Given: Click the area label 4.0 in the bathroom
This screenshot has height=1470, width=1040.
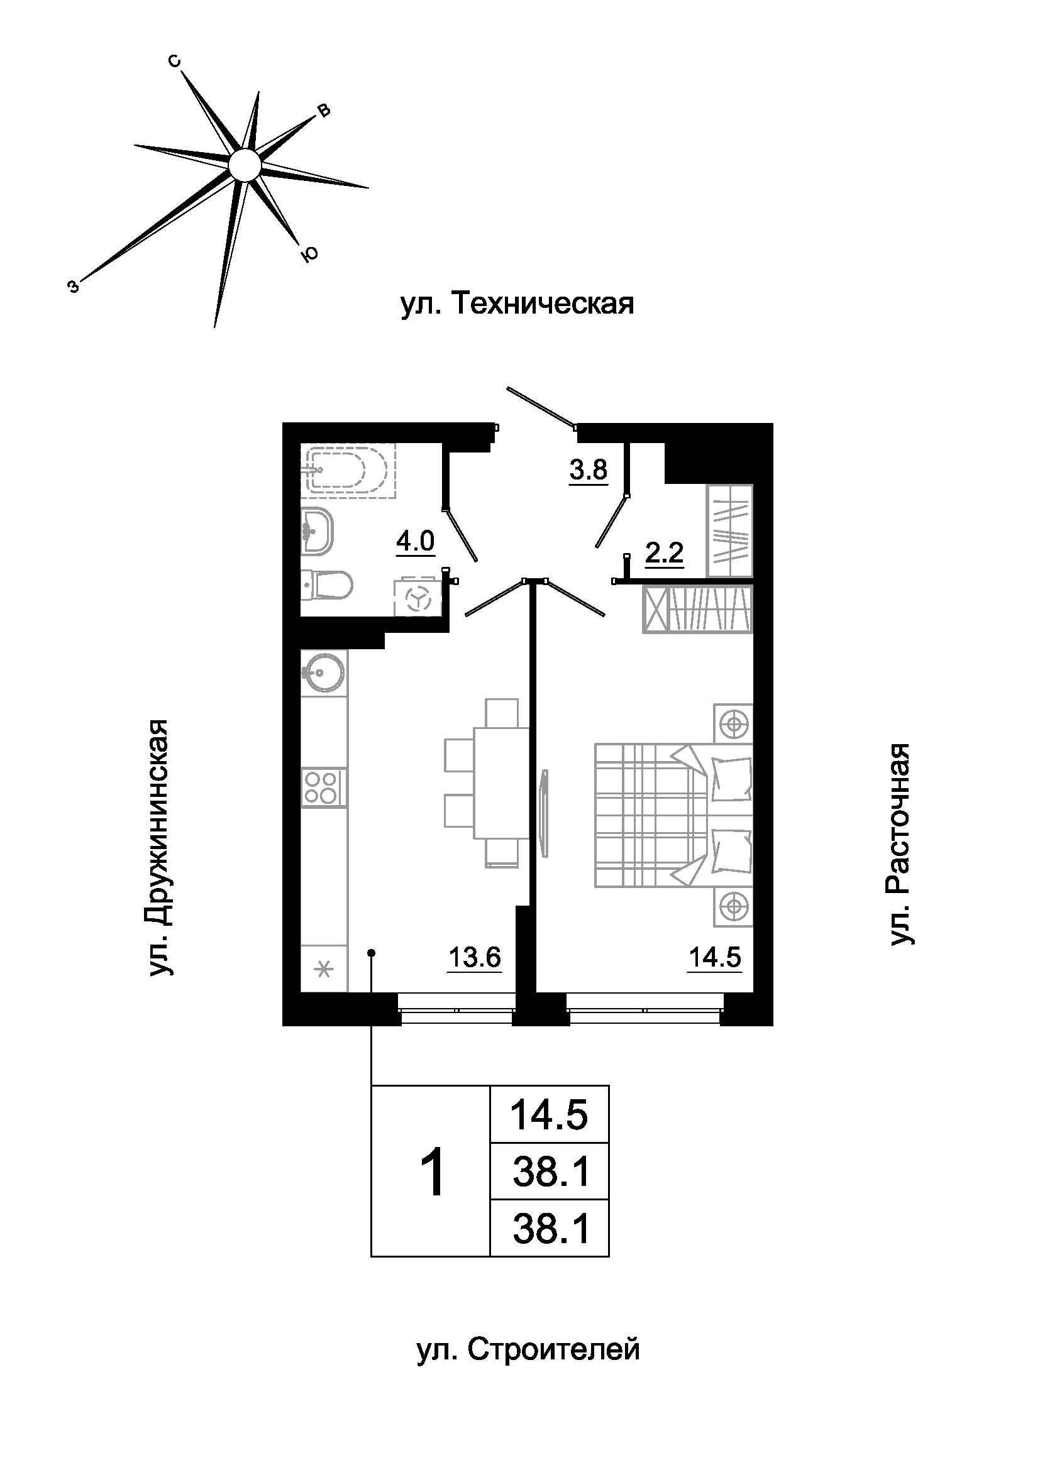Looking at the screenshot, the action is click(415, 542).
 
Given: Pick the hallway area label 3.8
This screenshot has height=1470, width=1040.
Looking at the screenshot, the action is click(589, 470).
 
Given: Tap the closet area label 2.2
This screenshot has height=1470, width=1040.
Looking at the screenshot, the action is click(664, 552).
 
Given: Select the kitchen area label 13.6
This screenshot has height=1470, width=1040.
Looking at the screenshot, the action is click(474, 958).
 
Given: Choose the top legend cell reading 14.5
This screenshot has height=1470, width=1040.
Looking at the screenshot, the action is click(549, 1115).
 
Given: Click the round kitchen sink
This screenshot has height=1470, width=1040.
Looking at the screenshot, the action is click(323, 673).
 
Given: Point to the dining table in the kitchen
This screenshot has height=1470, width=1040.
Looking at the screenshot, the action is click(501, 782).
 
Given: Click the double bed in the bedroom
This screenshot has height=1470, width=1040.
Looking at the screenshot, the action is click(673, 815).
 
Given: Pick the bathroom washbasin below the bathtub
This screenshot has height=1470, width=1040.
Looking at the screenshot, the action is click(316, 531).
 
